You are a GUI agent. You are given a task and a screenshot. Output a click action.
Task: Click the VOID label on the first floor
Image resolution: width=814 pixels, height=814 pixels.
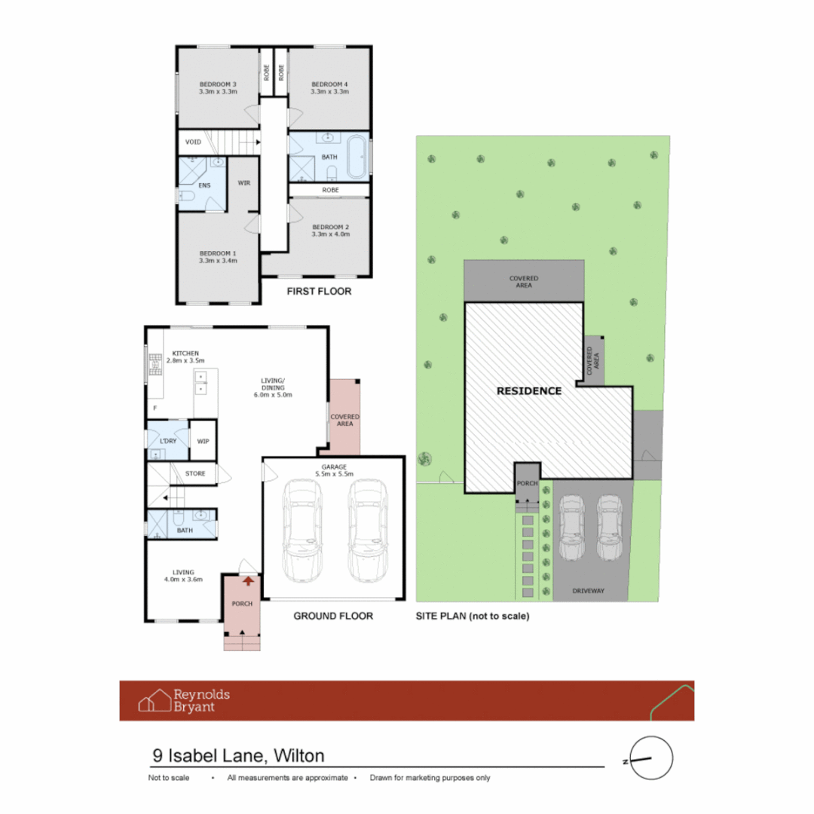click(193, 142)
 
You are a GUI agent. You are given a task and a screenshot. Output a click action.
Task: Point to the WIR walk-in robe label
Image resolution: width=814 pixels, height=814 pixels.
click(243, 182)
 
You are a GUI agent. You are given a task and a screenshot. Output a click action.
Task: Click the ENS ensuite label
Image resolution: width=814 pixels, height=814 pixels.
click(203, 184)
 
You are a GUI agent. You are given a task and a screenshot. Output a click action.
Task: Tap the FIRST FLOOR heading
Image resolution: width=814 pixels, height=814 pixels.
click(320, 291)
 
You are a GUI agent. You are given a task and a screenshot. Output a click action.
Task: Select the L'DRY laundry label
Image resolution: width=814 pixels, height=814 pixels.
click(167, 439)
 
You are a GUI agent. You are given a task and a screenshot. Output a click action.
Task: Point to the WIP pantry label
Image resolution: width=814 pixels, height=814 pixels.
click(203, 442)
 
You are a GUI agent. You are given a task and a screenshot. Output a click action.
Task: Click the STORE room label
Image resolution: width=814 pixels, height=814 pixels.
click(194, 474)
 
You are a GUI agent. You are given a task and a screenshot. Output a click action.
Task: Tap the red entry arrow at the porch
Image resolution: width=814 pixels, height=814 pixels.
click(248, 580)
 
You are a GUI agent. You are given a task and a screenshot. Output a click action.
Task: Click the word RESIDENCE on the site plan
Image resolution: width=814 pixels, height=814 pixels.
click(528, 391)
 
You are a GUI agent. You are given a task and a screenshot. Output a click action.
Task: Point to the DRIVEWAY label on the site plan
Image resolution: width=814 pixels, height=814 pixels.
click(589, 591)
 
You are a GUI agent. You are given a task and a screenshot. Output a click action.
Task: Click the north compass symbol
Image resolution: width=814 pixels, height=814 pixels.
click(650, 757)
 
